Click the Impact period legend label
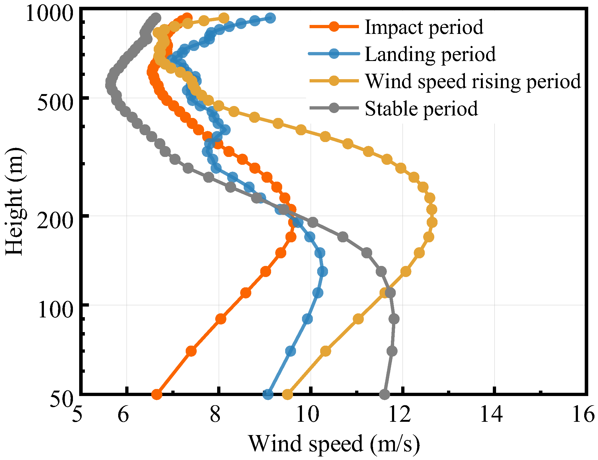coord(424,27)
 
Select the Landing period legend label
coord(430,54)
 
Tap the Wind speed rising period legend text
coord(473,81)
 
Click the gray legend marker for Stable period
coord(334,108)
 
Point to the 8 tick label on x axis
coord(215,414)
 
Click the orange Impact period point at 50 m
coord(157,395)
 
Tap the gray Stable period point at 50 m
coord(384,395)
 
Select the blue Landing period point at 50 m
coord(268,395)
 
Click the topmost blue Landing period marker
coord(271,18)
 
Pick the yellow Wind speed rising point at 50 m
coord(287,395)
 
